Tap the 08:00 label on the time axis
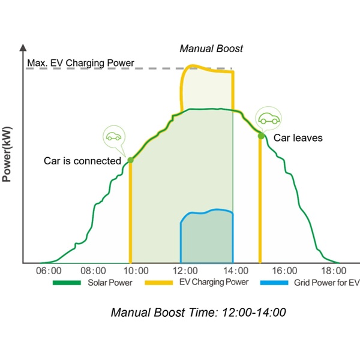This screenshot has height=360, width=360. (94, 271)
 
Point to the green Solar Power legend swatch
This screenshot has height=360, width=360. (65, 283)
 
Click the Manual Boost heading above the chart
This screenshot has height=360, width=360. (211, 49)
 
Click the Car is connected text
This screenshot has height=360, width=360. (82, 161)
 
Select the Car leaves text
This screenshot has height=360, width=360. (298, 138)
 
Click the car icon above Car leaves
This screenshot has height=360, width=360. (268, 119)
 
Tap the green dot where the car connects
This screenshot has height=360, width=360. (130, 160)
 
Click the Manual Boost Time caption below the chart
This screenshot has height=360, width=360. (198, 313)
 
